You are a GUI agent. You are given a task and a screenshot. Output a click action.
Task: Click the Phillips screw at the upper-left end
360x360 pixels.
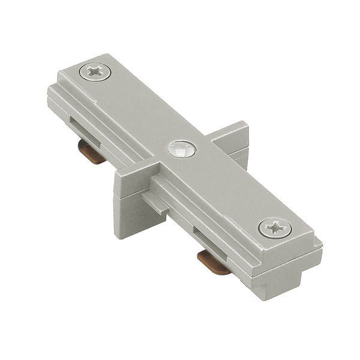(95, 73)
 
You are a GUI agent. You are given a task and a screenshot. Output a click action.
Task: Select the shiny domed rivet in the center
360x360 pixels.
(182, 149)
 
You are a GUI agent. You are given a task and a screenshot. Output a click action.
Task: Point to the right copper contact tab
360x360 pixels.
(214, 262)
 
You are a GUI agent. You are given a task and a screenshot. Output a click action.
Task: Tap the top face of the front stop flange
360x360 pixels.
(134, 171)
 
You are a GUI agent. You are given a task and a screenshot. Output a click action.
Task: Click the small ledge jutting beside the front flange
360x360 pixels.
(155, 203)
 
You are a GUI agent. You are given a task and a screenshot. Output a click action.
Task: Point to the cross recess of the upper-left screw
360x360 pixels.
(95, 73)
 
